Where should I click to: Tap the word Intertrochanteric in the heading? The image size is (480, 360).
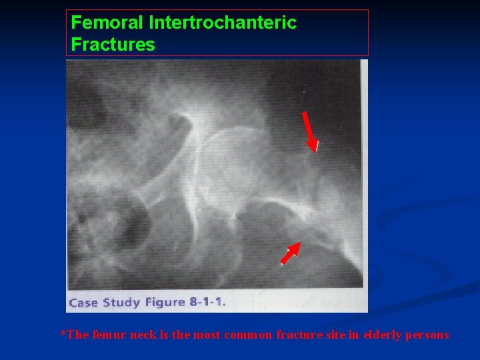(223, 23)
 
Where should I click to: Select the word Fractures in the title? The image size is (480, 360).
(113, 45)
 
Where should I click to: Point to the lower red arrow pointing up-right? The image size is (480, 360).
(291, 253)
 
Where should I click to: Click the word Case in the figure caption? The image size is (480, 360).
(83, 303)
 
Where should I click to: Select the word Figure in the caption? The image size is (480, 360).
(164, 303)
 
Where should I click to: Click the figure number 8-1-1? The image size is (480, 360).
(207, 303)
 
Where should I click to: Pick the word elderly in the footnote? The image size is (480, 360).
(379, 335)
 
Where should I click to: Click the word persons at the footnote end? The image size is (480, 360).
(428, 335)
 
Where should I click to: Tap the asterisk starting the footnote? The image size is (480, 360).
(63, 333)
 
